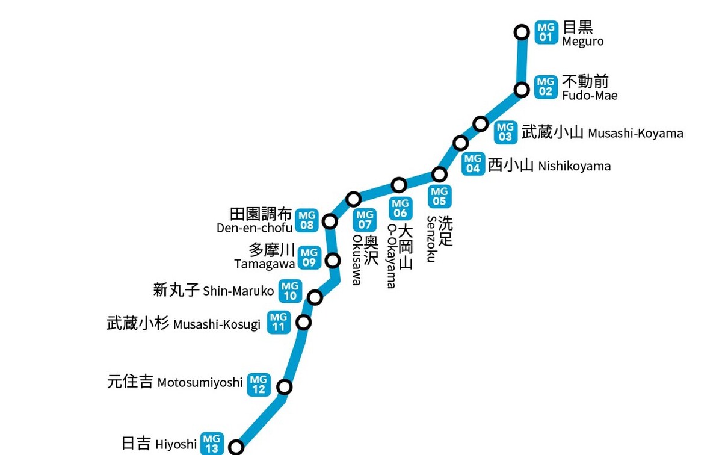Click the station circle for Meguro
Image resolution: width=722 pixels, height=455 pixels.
[522, 32]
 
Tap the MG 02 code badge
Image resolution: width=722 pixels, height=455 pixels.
[546, 87]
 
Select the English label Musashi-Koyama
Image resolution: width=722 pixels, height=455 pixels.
[635, 134]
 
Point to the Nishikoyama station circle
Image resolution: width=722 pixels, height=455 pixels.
[461, 143]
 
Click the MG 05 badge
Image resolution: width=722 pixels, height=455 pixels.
[440, 196]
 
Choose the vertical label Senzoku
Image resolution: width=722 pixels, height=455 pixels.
[431, 239]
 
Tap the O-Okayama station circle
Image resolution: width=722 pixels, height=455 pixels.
[399, 185]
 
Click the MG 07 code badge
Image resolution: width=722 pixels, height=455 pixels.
[365, 220]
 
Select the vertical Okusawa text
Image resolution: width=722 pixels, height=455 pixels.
[356, 260]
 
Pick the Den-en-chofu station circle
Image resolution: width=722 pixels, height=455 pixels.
[330, 221]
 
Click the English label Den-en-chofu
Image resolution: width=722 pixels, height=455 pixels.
[255, 228]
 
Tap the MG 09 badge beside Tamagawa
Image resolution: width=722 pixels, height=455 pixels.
[309, 258]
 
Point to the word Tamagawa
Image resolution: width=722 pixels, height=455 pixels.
[264, 264]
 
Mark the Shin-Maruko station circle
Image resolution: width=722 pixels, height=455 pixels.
[315, 297]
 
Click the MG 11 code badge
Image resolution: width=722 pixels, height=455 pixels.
[279, 322]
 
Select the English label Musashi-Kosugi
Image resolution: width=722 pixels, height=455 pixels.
[217, 325]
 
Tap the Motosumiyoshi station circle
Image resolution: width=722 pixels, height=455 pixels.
[284, 386]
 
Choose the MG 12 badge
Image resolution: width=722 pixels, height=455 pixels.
[259, 385]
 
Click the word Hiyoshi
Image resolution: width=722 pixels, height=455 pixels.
[176, 445]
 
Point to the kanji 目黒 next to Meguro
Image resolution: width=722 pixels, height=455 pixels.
[578, 27]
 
